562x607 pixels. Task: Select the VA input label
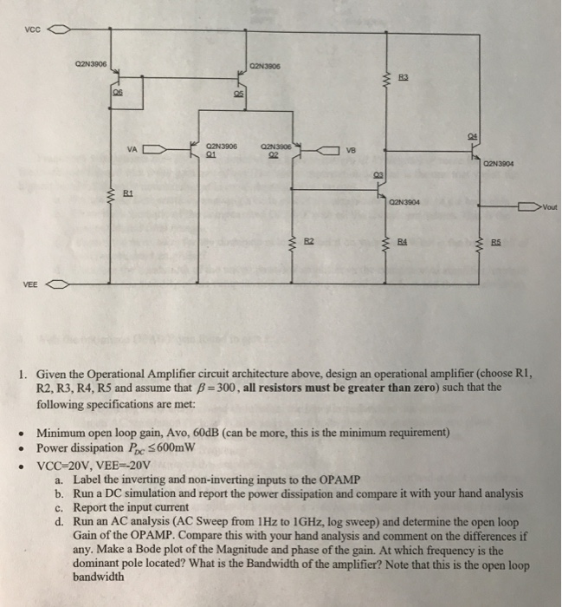[x=132, y=148]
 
